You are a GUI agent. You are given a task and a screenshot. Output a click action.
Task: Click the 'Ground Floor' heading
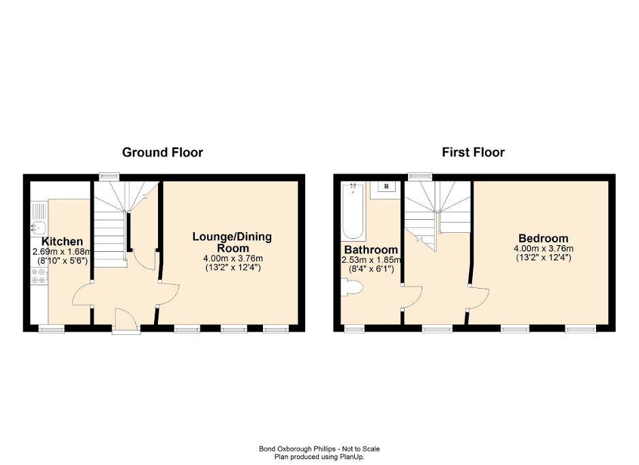click(x=162, y=153)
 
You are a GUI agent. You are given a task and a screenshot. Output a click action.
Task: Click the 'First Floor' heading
click(x=473, y=153)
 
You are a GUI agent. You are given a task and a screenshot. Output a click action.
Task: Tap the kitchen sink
click(x=38, y=227)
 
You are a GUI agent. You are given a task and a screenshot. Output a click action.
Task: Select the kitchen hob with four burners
click(x=38, y=276)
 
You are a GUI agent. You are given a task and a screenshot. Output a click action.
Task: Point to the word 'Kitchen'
click(x=62, y=242)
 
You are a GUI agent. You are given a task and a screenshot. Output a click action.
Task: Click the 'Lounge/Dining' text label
click(x=232, y=237)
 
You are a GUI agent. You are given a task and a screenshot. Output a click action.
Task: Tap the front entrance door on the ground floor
click(x=124, y=320)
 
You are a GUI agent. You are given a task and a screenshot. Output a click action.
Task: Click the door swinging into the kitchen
click(x=82, y=294)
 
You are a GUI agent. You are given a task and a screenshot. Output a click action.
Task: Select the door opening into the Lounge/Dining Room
click(x=169, y=293)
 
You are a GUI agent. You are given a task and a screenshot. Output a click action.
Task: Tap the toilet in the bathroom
click(x=353, y=289)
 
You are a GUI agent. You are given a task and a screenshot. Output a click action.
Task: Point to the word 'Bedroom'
click(x=543, y=238)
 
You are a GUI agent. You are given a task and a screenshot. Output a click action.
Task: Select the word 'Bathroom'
click(x=371, y=250)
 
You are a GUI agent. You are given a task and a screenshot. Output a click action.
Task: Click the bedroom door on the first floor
click(x=478, y=297)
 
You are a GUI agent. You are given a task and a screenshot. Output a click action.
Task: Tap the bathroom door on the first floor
click(x=413, y=297)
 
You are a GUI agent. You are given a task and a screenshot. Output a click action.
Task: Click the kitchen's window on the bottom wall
click(x=50, y=329)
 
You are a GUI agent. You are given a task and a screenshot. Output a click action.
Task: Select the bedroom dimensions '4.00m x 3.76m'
click(x=543, y=248)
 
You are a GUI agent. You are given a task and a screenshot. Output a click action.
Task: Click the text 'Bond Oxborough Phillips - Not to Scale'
click(x=319, y=449)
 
